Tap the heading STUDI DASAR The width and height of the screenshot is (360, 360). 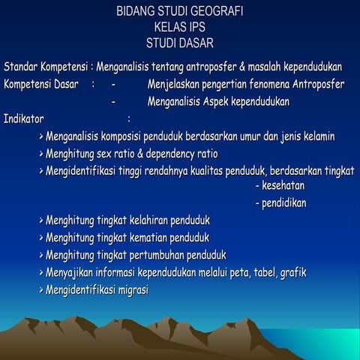click(x=180, y=43)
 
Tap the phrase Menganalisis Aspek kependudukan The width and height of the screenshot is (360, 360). click(x=218, y=101)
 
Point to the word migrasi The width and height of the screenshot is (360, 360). click(x=129, y=289)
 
